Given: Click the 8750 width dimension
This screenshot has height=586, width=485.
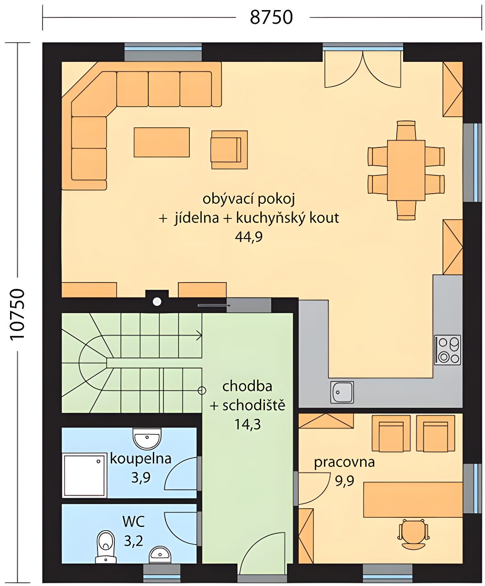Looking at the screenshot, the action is pos(271,17).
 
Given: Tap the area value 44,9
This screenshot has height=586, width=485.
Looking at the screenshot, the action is pos(249,237).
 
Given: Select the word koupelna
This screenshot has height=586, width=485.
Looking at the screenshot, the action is pos(140,459).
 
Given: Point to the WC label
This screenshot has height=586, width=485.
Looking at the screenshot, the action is pos(134,521).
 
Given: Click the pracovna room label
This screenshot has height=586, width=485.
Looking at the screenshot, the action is pos(344,463).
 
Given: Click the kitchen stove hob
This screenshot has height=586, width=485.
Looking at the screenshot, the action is pos(447,350).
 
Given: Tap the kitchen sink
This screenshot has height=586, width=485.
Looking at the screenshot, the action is pos(342,392).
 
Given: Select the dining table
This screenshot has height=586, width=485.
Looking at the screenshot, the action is pos(406,170).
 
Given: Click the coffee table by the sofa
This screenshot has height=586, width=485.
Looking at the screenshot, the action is pos(162,142).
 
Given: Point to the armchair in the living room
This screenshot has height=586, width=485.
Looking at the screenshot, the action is pos(229,150).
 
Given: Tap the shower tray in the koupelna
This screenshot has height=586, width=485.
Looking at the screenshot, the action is pos(85,475).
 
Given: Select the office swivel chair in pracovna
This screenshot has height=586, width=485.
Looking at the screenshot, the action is pos(414,533).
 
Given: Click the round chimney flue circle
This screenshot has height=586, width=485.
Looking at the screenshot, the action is pos(157,302).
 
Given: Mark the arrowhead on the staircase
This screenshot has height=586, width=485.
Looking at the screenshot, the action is pos(199,336).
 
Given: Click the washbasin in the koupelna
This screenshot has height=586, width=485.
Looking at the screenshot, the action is pos(147,439).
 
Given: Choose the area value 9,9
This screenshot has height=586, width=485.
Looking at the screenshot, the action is pos(345,481).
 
